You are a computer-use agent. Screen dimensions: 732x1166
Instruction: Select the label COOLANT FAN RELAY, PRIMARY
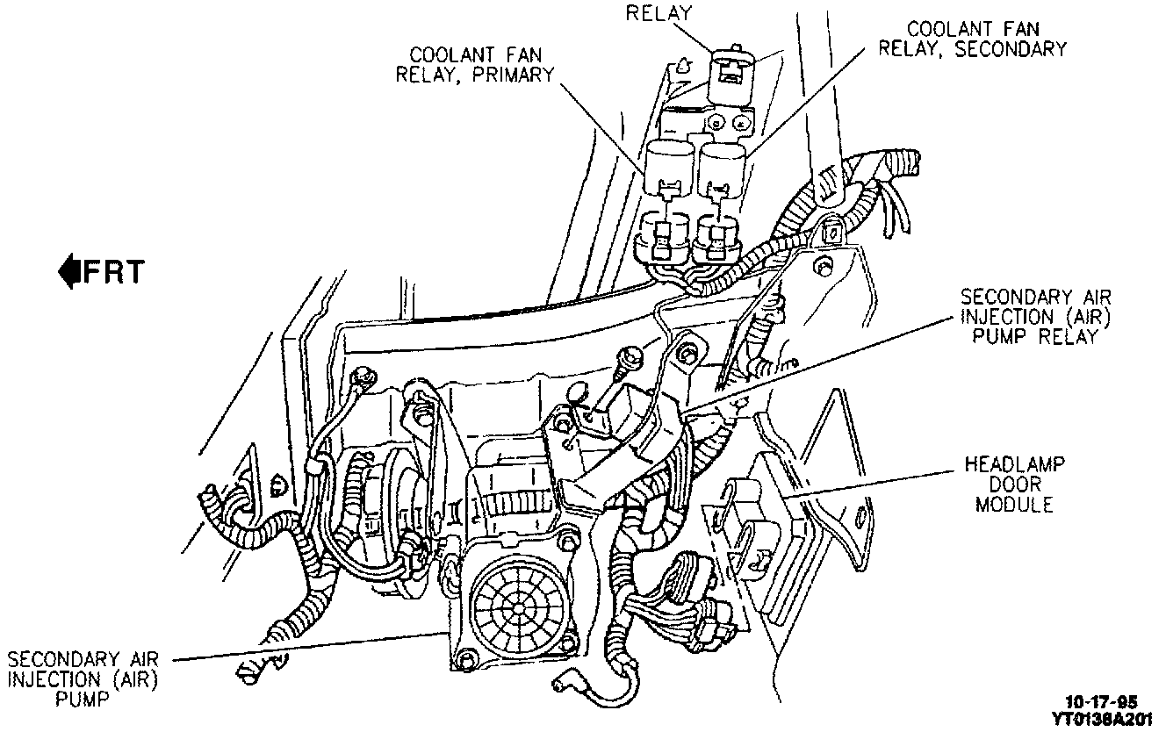point(475,63)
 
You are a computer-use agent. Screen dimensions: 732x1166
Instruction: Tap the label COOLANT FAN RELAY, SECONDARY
point(973,39)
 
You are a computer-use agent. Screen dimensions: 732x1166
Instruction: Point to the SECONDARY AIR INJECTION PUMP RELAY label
point(1028,317)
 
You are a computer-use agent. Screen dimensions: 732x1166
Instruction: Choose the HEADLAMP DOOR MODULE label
point(1014,484)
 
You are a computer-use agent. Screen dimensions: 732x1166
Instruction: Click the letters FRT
point(112,272)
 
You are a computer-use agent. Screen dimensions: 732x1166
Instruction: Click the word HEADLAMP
point(1014,463)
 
